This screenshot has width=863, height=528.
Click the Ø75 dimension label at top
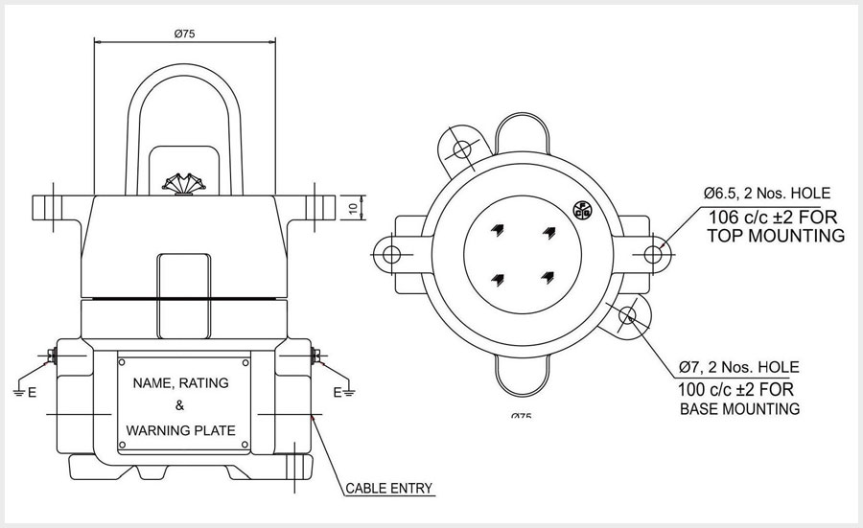click(x=185, y=33)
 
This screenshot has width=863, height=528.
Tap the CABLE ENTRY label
click(x=389, y=488)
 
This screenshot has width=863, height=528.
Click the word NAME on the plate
click(x=152, y=383)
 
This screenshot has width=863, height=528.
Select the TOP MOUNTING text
click(x=777, y=235)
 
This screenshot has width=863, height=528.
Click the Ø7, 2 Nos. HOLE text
click(x=738, y=367)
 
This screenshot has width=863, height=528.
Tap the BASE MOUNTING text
click(x=739, y=409)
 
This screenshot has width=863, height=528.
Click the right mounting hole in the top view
click(x=653, y=254)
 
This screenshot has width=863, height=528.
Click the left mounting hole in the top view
click(x=389, y=254)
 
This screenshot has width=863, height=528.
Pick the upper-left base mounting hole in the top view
click(x=462, y=149)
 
